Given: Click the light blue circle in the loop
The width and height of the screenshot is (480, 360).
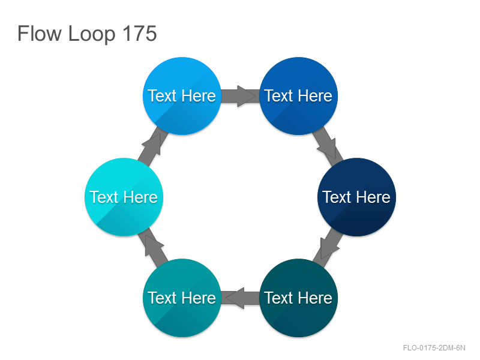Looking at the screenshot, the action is (182, 96).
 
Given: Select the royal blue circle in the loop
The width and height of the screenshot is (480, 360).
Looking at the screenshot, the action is (298, 96).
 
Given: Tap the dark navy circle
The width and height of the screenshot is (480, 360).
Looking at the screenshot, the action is (356, 197).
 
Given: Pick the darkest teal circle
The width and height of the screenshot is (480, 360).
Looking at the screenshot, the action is (298, 298).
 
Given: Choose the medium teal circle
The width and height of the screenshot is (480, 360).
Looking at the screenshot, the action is (182, 298).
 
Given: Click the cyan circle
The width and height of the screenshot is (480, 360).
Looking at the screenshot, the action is (124, 197).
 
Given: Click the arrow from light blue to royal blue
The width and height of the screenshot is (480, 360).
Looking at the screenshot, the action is (241, 96).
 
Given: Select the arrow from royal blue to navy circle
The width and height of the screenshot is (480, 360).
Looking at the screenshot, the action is (328, 146).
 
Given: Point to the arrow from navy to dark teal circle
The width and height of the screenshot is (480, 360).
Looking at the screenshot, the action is (328, 247).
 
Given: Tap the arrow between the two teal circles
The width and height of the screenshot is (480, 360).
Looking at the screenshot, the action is (241, 298).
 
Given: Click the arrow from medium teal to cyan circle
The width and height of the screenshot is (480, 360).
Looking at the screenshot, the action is (153, 247).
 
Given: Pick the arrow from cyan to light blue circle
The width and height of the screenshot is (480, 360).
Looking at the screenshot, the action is (153, 146).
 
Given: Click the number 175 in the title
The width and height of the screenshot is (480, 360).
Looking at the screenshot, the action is (140, 34).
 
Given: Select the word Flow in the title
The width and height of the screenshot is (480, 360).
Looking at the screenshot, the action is (40, 34).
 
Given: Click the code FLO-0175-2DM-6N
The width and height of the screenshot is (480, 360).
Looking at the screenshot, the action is (434, 348).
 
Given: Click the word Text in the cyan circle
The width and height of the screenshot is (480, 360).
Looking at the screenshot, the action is (104, 197).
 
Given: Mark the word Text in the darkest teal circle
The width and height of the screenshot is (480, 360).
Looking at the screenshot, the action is (278, 298).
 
